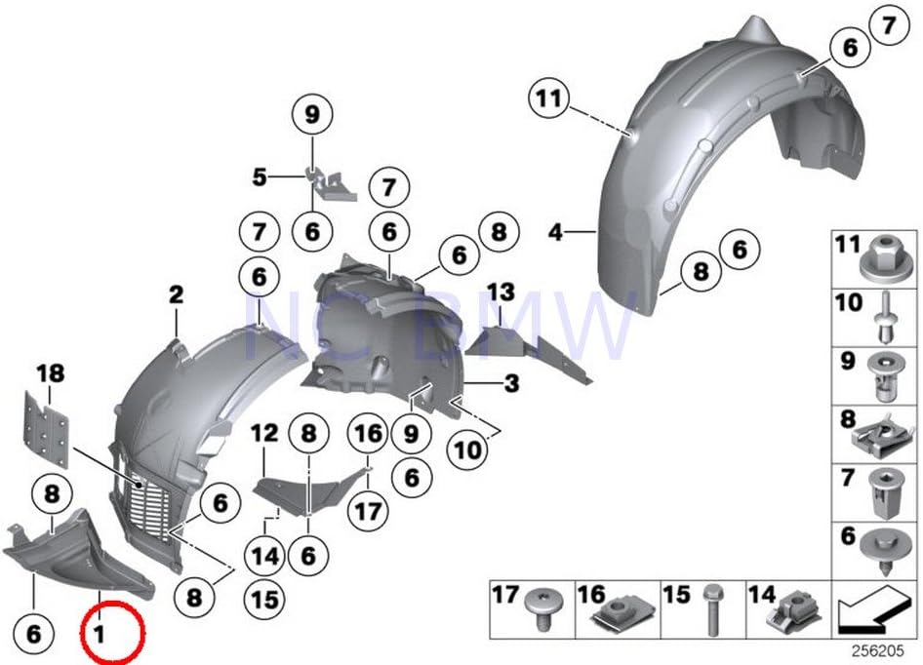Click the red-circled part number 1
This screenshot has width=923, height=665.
(98, 634)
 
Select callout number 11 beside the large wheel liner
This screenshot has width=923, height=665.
(549, 98)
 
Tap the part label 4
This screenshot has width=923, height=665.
(555, 233)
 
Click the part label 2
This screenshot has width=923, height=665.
(176, 293)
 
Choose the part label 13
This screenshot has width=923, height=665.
(500, 292)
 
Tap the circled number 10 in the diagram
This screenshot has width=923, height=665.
(467, 450)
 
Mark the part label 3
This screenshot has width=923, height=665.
(511, 385)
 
